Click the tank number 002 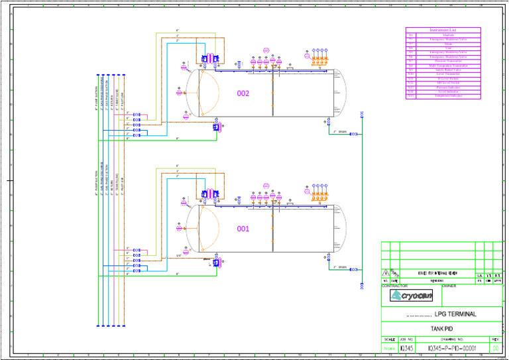pyautogui.click(x=243, y=93)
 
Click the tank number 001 pyautogui.click(x=243, y=229)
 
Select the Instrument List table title pyautogui.click(x=443, y=30)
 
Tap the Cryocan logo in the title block pyautogui.click(x=406, y=296)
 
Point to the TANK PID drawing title pyautogui.click(x=441, y=329)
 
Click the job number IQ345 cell pyautogui.click(x=407, y=347)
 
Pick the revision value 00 pyautogui.click(x=496, y=347)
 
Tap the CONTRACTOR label pyautogui.click(x=395, y=286)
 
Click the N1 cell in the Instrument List pyautogui.click(x=411, y=34)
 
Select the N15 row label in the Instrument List pyautogui.click(x=411, y=96)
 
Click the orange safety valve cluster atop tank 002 pyautogui.click(x=321, y=59)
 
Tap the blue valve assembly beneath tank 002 pyautogui.click(x=217, y=128)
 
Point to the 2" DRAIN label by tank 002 pyautogui.click(x=339, y=131)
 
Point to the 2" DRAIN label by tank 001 pyautogui.click(x=339, y=267)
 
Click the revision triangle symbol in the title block pyautogui.click(x=386, y=273)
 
